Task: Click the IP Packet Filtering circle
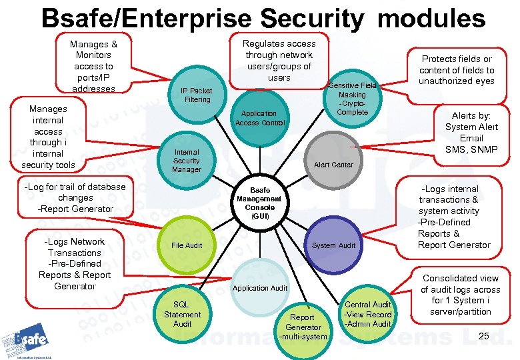(x=196, y=95)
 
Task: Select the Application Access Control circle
(x=260, y=117)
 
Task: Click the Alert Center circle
(x=333, y=164)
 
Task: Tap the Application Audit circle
(x=260, y=288)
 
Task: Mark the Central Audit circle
(x=367, y=313)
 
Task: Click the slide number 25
(x=484, y=336)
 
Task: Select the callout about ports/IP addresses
(x=94, y=66)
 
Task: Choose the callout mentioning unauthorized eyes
(x=457, y=70)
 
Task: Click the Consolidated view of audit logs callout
(x=460, y=294)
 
